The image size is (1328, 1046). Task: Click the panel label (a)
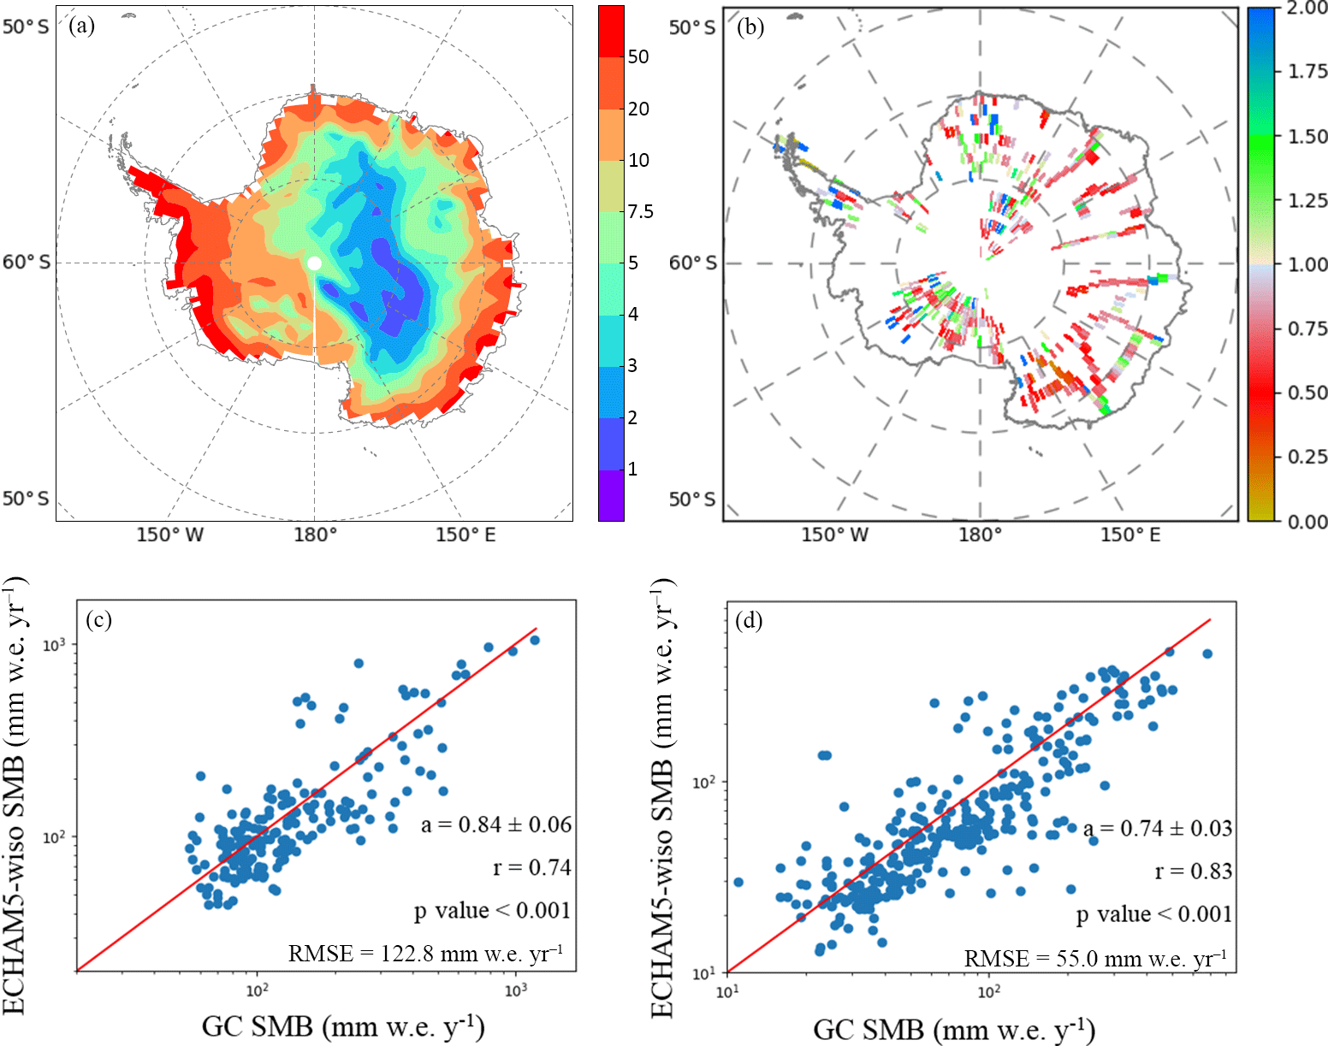click(83, 26)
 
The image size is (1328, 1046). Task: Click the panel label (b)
click(750, 27)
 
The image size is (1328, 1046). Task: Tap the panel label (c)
click(98, 619)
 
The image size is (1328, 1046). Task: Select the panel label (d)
click(750, 619)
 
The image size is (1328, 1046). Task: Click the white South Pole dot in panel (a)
click(314, 263)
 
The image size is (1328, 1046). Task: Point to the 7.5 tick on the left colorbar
click(640, 211)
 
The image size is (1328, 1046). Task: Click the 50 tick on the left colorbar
click(638, 56)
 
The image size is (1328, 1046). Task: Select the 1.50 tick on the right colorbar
click(1307, 136)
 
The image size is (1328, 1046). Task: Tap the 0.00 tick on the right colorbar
click(1307, 521)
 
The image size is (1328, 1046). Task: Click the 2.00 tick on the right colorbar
click(1307, 9)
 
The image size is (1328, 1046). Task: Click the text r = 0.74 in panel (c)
click(531, 867)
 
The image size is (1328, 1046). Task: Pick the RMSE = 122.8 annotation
click(425, 953)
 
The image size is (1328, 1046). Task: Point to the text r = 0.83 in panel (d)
click(1193, 871)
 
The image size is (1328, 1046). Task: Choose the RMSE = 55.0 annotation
click(1095, 958)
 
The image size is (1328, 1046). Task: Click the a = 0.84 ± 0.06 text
click(496, 824)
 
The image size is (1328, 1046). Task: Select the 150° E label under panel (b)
click(1130, 535)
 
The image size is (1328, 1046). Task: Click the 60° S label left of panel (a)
click(27, 262)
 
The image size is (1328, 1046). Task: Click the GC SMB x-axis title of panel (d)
click(953, 1028)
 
